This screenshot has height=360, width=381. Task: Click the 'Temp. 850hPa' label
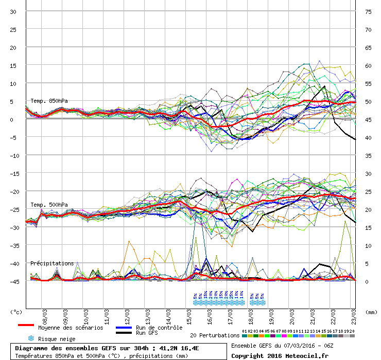(x=49, y=101)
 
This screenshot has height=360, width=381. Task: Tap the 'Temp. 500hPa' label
(x=49, y=205)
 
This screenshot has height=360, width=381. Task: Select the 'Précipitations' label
(x=52, y=263)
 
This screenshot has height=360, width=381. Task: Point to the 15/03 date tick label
(x=189, y=315)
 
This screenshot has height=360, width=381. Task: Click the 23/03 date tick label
(x=354, y=315)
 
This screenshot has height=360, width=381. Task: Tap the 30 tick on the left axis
(x=13, y=11)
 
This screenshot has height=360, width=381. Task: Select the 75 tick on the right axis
(x=368, y=11)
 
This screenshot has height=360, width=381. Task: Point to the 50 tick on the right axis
(x=368, y=101)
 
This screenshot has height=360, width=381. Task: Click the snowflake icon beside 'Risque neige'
(x=31, y=338)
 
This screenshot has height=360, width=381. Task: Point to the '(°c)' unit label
(x=16, y=312)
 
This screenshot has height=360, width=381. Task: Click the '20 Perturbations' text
(x=214, y=335)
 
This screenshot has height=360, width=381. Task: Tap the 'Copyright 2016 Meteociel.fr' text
(x=280, y=355)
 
